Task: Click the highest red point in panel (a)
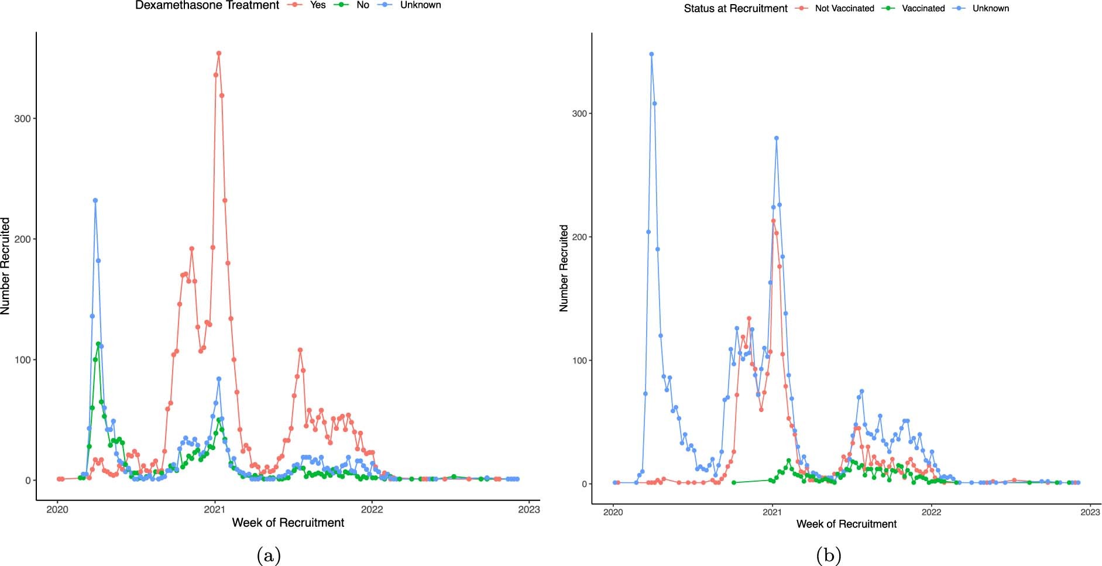pos(219,53)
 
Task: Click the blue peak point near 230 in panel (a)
pos(95,200)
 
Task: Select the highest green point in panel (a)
pos(98,344)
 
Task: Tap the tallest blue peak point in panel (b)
pos(651,54)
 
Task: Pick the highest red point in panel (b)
pos(773,221)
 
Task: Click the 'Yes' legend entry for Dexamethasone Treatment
pos(317,5)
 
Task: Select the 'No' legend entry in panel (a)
pos(363,5)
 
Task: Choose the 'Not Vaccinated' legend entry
pos(844,9)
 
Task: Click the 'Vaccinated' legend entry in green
pos(923,9)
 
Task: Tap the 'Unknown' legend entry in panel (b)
pos(990,9)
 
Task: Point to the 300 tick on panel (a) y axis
pos(22,119)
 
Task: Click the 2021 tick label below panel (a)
pos(214,509)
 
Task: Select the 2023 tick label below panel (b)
pos(1090,512)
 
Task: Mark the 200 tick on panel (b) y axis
pos(579,237)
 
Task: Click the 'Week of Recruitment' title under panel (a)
pos(288,523)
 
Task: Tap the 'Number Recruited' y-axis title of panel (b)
pos(564,268)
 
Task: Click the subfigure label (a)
pos(269,555)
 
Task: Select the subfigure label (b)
pos(828,555)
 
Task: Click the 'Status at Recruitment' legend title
pos(736,9)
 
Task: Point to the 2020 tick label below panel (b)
pos(613,512)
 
